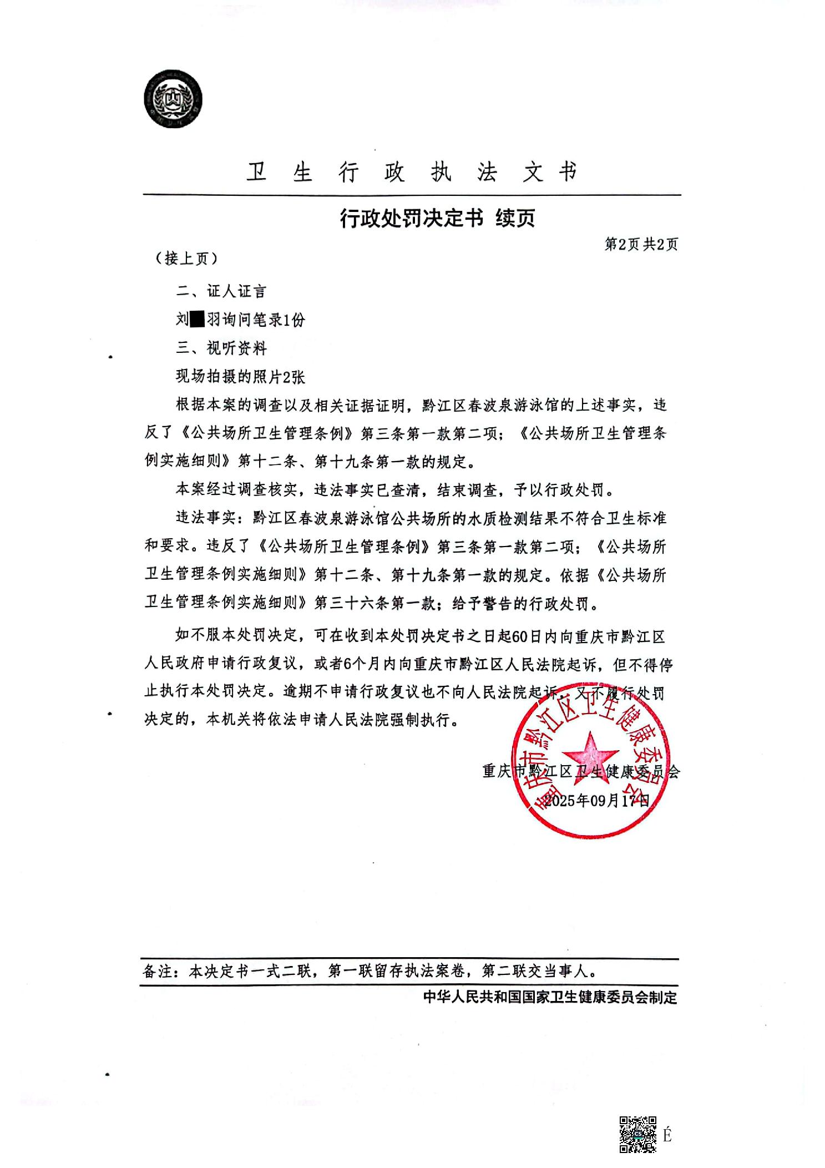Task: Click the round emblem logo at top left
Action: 173,100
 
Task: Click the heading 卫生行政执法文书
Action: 412,172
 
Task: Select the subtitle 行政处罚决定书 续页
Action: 437,218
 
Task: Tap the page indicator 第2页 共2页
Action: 641,245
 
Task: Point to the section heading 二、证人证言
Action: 221,291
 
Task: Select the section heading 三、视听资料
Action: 221,348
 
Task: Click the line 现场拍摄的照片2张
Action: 240,377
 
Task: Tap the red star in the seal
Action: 590,755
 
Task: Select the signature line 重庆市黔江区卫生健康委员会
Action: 580,772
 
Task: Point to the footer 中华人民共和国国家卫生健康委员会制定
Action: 550,997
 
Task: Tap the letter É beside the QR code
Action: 667,1135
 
